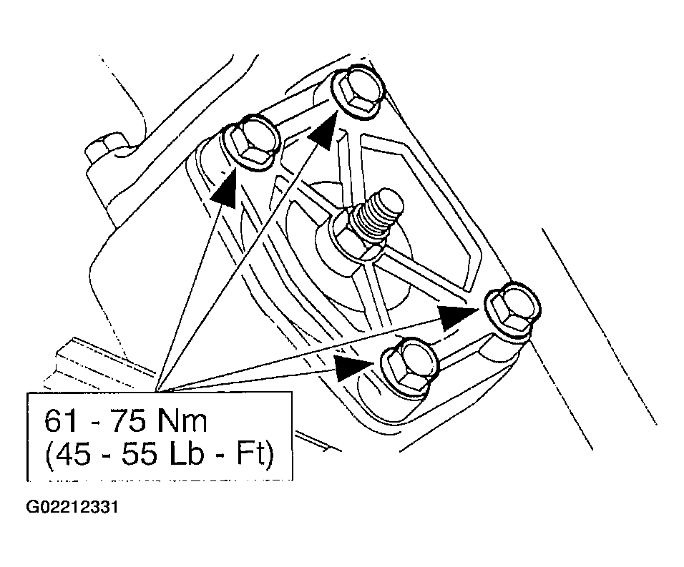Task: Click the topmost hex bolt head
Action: pyautogui.click(x=358, y=93)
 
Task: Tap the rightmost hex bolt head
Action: pyautogui.click(x=512, y=310)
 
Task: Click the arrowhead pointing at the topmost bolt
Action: pyautogui.click(x=323, y=129)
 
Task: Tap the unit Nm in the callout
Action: pyautogui.click(x=182, y=421)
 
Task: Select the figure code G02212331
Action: pyautogui.click(x=72, y=508)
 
